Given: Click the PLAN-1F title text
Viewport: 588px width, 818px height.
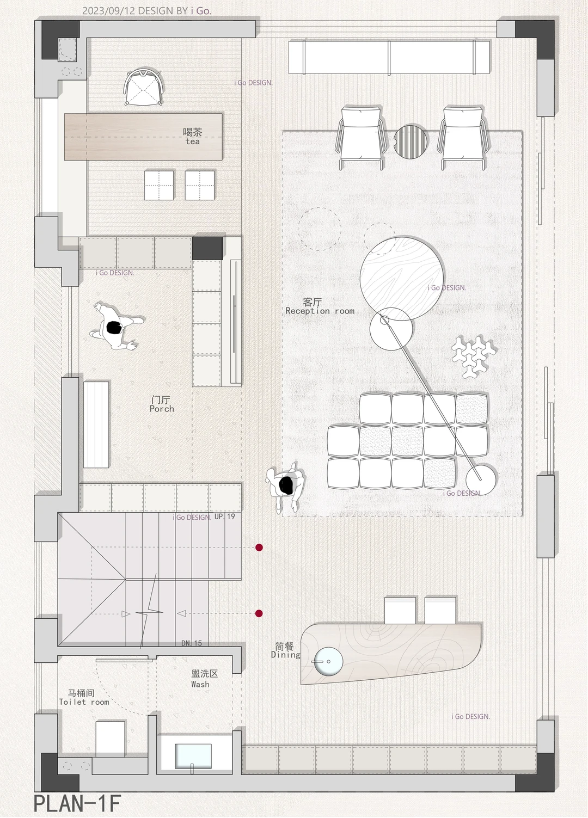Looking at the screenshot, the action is [77, 803].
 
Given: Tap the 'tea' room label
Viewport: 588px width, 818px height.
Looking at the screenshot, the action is [193, 142].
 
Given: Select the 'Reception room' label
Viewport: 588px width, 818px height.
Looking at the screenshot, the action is [320, 311].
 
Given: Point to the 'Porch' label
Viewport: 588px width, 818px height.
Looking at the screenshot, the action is [162, 409].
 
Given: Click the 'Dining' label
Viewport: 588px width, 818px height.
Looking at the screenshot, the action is [286, 654].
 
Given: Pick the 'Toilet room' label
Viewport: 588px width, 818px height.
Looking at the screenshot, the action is [84, 702].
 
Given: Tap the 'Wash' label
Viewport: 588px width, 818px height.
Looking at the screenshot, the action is [200, 684].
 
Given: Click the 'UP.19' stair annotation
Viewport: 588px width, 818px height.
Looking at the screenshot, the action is [225, 516].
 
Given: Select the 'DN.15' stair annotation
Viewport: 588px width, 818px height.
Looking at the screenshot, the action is [192, 643].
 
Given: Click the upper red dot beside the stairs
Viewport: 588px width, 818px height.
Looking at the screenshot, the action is [259, 548].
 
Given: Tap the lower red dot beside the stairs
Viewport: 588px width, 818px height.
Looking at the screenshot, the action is [259, 613].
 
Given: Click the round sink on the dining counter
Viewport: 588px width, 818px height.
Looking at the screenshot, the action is [328, 661].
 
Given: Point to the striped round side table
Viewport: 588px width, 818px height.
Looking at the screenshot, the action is [411, 142].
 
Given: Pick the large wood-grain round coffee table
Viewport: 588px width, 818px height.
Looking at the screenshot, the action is [402, 279].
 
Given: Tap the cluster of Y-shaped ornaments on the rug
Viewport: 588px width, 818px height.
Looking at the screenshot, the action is [474, 356].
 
